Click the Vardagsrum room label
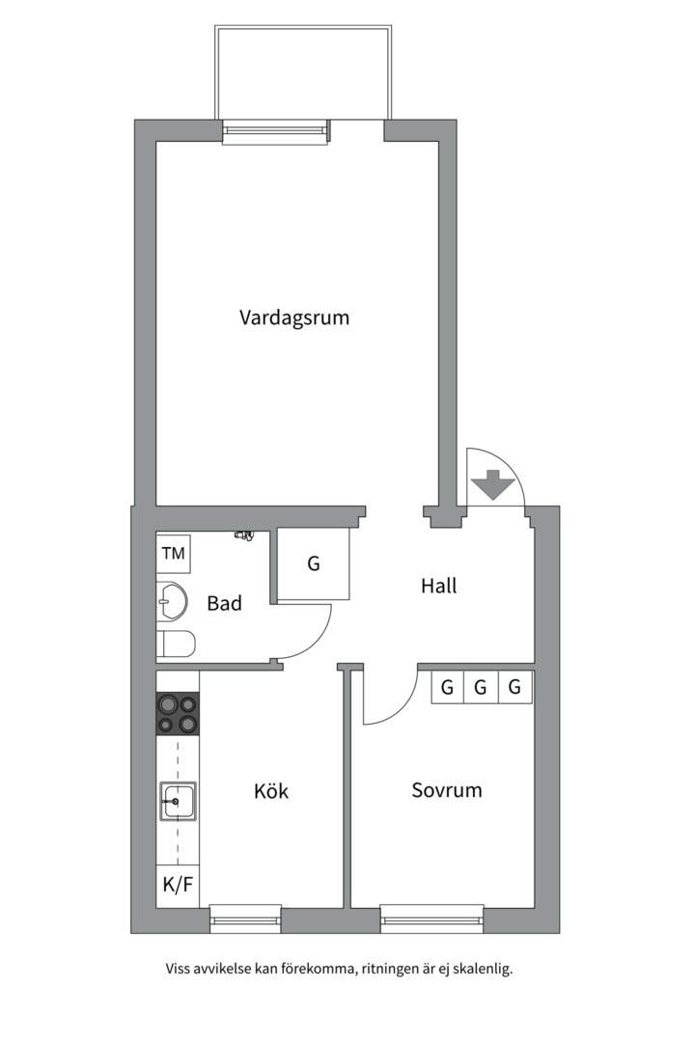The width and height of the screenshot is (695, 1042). coord(294,317)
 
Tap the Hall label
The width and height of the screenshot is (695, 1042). coord(439,586)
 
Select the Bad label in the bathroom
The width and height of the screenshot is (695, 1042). coord(224,603)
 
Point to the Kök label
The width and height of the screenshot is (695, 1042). coord(271,791)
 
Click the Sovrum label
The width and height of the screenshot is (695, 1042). coord(447,790)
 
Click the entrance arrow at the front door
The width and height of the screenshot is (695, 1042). coord(492,484)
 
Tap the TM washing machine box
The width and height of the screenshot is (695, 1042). coord(174,554)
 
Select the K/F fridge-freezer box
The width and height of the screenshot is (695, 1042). coord(178,885)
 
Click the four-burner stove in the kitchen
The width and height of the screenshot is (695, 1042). coord(178,714)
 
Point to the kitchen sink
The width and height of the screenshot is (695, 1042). coord(178,802)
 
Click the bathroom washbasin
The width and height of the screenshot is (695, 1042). coord(171,601)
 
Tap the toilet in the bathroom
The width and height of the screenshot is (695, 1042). coord(176,644)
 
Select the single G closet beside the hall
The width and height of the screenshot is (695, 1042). coord(314,564)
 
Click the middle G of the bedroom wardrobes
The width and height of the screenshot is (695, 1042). coord(481,687)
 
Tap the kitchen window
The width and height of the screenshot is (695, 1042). coord(245,919)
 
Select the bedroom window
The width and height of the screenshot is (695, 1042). coord(432,919)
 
